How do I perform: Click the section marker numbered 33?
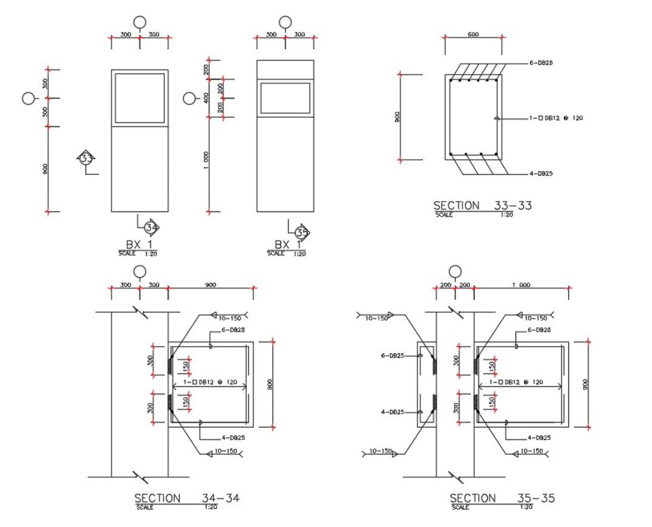coord(87,158)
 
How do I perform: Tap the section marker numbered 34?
coord(151,228)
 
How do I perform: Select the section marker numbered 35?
coord(301,232)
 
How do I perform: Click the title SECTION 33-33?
coord(482,206)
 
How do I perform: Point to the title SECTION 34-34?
coord(187,498)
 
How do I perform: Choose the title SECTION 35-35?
coord(502,498)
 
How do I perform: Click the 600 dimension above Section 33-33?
coord(473,35)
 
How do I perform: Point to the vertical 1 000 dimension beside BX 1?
coord(206,160)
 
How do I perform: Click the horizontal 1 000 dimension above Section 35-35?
coord(520,285)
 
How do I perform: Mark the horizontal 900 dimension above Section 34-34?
coord(210,285)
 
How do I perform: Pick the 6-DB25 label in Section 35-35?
coord(392,356)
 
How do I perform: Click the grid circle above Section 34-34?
coord(140,271)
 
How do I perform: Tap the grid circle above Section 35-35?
coord(455,271)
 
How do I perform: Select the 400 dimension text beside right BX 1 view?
coord(206,98)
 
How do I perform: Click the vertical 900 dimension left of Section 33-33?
coord(397,117)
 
